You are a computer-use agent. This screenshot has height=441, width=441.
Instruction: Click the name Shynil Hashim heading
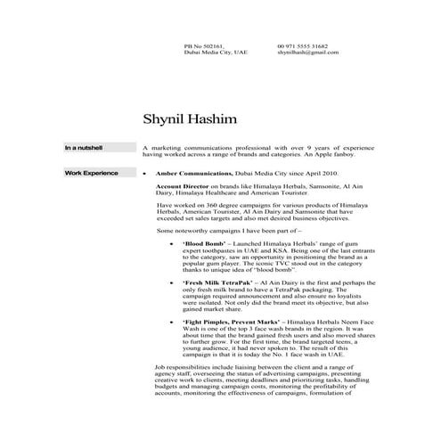tap(191, 118)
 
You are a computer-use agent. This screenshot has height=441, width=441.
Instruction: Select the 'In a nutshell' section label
tap(84, 147)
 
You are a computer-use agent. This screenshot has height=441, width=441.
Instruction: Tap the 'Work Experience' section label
tap(90, 172)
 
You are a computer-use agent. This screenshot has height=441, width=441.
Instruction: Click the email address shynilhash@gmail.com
tap(308, 53)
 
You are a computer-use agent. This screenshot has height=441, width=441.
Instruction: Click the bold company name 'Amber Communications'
tap(190, 172)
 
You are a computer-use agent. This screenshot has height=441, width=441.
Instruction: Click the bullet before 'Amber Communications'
tap(145, 172)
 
